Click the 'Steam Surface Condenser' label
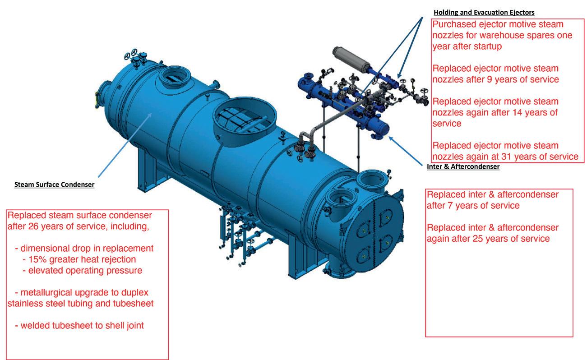(54, 185)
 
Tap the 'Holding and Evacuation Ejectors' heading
(484, 12)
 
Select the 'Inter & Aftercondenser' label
(463, 167)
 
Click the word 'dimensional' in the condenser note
(45, 249)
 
